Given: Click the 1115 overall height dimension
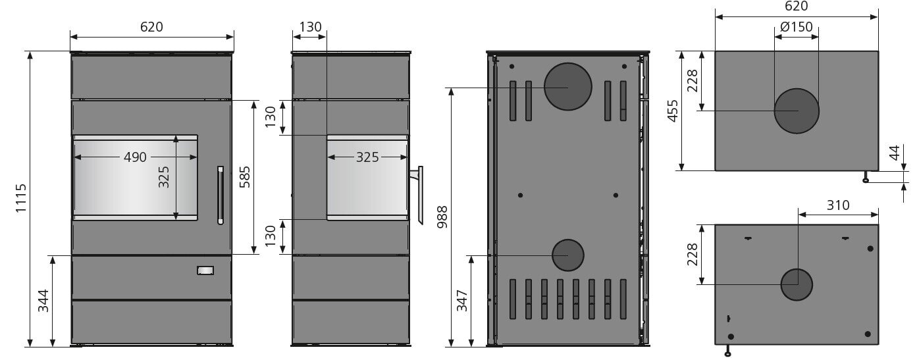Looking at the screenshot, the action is [21, 198].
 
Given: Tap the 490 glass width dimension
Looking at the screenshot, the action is [135, 157].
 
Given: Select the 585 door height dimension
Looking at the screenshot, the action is [245, 177].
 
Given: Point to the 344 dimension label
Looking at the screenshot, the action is [43, 301].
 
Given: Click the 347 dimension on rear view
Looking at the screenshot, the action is [462, 301].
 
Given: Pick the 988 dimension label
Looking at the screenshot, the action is [442, 217].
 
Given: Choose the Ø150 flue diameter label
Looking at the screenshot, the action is [797, 27].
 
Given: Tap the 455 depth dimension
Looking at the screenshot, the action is [673, 111].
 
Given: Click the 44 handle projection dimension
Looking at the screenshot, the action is [895, 153].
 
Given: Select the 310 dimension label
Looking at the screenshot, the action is [838, 205].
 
